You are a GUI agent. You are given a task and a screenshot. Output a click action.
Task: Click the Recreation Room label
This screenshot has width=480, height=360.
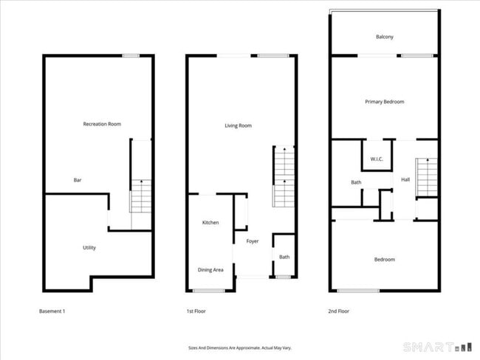point(102,124)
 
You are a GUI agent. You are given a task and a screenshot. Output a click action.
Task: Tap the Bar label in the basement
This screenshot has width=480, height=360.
point(78,180)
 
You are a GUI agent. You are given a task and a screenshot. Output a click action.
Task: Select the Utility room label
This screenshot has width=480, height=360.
point(89,247)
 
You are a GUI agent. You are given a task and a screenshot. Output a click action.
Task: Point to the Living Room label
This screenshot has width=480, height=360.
point(238,125)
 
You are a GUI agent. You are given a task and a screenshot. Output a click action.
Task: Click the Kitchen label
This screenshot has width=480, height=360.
point(210,222)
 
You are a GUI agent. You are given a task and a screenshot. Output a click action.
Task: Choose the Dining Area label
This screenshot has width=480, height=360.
point(210,269)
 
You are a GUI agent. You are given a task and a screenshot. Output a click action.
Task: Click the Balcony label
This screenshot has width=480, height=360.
point(384,37)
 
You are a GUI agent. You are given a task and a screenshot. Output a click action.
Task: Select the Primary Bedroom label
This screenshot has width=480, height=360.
point(384,102)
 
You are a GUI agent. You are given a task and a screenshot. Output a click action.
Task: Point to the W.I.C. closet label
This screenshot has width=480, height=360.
point(374,159)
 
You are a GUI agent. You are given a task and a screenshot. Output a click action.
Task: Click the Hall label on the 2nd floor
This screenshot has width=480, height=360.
point(405,179)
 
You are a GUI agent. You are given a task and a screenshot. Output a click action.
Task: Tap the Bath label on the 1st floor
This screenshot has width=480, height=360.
point(284,257)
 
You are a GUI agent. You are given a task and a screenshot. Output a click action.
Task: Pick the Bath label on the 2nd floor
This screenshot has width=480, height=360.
point(355,181)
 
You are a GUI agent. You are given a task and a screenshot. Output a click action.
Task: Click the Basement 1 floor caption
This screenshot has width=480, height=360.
point(52,311)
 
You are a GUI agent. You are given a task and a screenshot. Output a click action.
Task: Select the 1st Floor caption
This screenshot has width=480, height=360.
point(196,311)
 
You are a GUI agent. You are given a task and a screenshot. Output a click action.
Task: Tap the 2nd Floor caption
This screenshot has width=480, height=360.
point(338,311)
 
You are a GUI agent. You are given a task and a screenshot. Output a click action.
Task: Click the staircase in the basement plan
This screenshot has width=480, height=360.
point(140,196)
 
